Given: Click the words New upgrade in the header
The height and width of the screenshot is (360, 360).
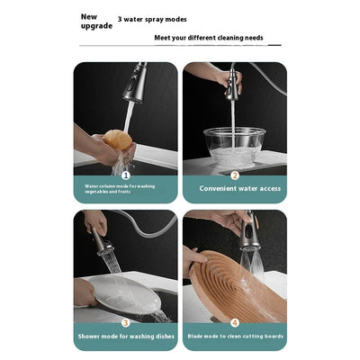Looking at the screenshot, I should point(96,21).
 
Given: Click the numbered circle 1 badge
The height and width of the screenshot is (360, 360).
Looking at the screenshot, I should point(125,175).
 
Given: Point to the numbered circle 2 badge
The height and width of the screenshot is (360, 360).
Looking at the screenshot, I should point(234,175).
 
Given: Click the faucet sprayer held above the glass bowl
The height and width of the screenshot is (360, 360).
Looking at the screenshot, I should point(233,83).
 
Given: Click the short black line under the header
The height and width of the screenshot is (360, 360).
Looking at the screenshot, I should point(274,44).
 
